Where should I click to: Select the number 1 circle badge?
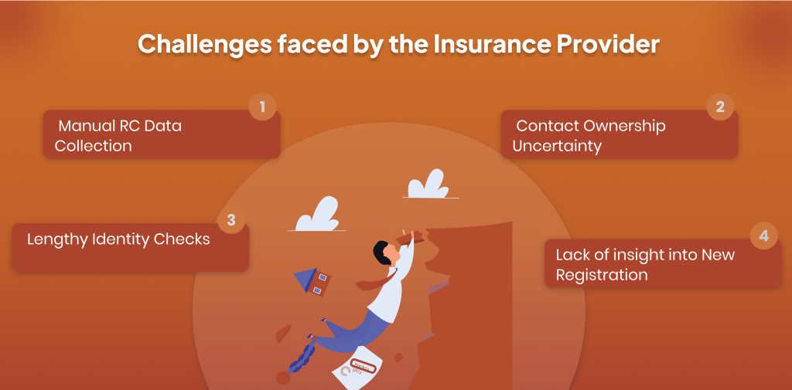click(x=262, y=107)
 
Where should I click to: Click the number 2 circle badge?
click(x=720, y=107)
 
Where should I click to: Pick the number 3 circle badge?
click(x=231, y=220)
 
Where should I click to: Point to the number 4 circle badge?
click(x=763, y=236)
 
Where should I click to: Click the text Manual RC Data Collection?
click(x=118, y=136)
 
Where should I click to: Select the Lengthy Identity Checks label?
click(x=118, y=239)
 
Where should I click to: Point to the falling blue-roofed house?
click(x=312, y=280)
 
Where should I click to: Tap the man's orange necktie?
click(x=377, y=280)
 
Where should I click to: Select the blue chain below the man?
click(x=302, y=354)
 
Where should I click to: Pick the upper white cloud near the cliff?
click(x=428, y=185)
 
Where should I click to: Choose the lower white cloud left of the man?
click(x=317, y=215)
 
